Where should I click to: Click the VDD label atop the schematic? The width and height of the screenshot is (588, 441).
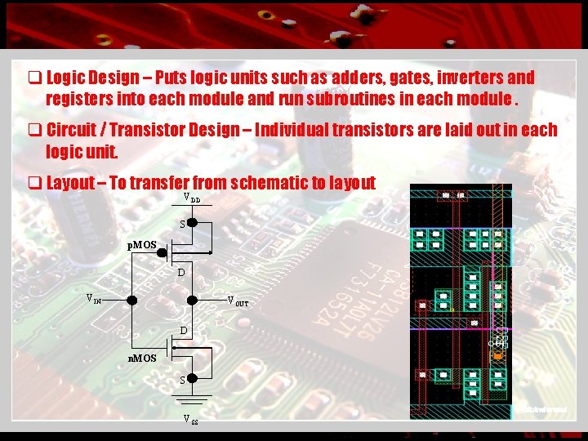[x=192, y=198]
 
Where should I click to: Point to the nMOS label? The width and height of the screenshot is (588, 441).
[x=144, y=359]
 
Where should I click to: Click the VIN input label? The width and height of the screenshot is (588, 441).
[x=94, y=299]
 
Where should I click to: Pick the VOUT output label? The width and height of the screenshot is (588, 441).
[x=238, y=301]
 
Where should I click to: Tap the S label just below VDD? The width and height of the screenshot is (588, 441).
[x=184, y=224]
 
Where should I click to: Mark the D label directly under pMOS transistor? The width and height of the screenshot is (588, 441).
[x=181, y=273]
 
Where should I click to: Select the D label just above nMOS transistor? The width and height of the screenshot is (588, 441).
[x=184, y=331]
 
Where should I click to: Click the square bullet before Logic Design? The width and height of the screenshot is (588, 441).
[x=35, y=78]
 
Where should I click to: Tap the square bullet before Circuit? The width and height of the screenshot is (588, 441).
[x=35, y=131]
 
